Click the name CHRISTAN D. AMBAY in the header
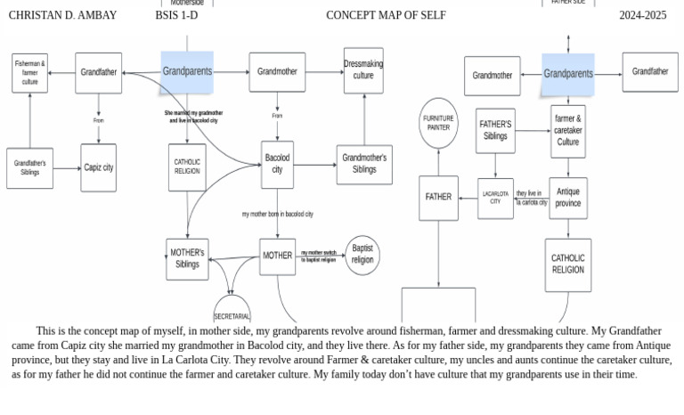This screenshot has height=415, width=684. click(62, 15)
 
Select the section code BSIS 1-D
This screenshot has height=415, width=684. click(176, 15)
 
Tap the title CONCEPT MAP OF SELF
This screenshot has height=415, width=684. click(386, 15)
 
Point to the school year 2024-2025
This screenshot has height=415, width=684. click(642, 15)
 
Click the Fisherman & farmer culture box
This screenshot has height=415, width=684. click(30, 73)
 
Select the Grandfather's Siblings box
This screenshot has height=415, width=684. click(30, 168)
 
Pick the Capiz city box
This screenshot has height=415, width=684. click(98, 167)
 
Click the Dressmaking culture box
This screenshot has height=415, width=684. click(363, 70)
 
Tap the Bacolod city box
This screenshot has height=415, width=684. click(277, 164)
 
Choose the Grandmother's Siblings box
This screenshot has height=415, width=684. click(364, 164)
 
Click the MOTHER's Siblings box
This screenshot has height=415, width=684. click(187, 258)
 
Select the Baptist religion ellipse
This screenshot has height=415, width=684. click(362, 255)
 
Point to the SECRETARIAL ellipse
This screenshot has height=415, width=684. click(232, 312)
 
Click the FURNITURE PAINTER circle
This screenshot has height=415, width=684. click(438, 123)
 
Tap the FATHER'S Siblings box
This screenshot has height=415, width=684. click(495, 131)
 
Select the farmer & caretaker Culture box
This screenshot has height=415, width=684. click(567, 131)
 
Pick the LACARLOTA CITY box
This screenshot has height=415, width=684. click(495, 198)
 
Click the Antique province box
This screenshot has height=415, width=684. click(567, 198)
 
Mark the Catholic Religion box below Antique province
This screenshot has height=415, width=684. click(567, 264)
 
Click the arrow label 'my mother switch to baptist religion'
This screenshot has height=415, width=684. click(319, 256)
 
